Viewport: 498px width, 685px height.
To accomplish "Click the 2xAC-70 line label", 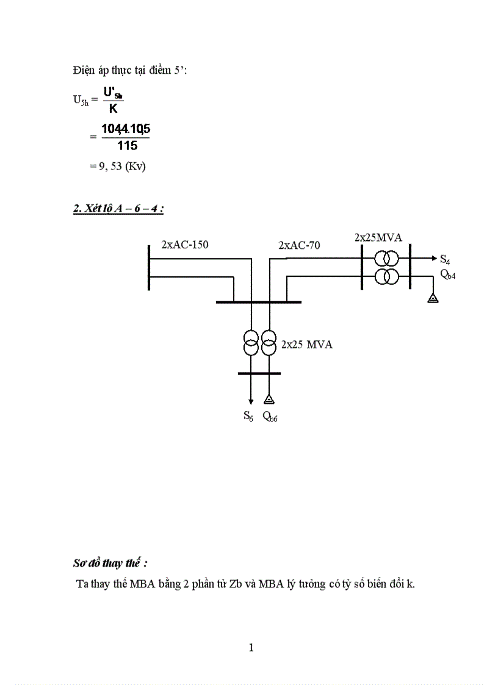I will pyautogui.click(x=299, y=245).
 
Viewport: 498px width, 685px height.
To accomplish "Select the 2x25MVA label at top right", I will pyautogui.click(x=378, y=237).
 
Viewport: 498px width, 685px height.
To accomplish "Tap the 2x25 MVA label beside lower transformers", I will pyautogui.click(x=306, y=345).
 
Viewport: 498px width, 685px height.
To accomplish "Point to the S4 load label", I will pyautogui.click(x=445, y=260).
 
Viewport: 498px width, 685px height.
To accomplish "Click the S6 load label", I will pyautogui.click(x=248, y=417).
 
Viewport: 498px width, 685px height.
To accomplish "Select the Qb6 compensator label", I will pyautogui.click(x=270, y=417).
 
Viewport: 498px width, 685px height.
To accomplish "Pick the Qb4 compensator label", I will pyautogui.click(x=447, y=274).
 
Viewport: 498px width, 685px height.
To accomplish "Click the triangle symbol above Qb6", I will pyautogui.click(x=269, y=400).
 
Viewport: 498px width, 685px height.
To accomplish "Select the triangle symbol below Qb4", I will pyautogui.click(x=432, y=298).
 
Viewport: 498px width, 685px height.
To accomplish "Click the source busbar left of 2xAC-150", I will pyautogui.click(x=149, y=267).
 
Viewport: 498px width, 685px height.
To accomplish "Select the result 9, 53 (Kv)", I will pyautogui.click(x=117, y=165).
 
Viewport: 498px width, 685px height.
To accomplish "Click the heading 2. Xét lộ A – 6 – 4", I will pyautogui.click(x=118, y=209).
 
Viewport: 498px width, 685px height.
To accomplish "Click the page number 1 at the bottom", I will pyautogui.click(x=251, y=648).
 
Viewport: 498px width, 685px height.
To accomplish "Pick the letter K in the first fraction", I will pyautogui.click(x=113, y=109).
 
